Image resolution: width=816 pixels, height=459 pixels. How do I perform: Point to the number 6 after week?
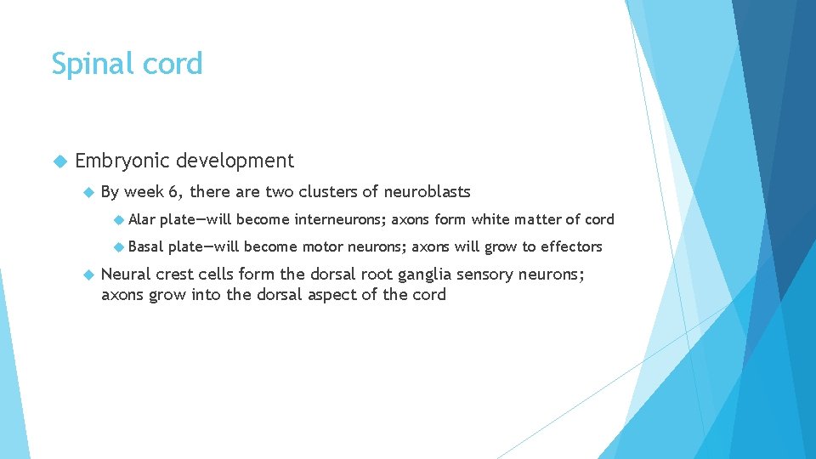[x=173, y=192]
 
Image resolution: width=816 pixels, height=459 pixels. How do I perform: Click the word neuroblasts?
[x=427, y=192]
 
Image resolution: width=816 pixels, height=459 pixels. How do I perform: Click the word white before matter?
[x=490, y=219]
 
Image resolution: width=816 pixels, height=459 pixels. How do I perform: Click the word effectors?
[x=571, y=246]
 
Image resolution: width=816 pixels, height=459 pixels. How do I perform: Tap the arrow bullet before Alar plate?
[x=118, y=219]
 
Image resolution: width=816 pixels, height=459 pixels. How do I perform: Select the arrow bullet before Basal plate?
[x=118, y=246]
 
